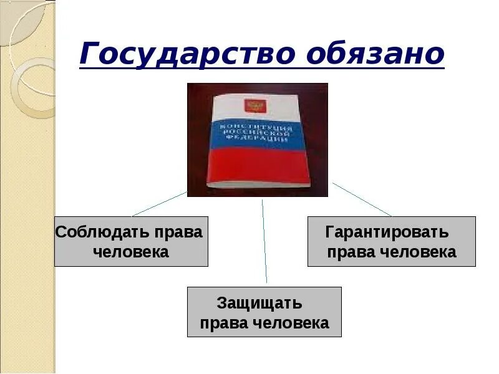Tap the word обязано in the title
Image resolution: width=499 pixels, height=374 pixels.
375,54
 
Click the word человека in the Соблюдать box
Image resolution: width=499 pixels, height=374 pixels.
131,252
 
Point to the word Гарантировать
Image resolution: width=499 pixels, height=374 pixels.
387,233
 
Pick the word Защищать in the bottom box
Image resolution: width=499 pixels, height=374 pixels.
259,304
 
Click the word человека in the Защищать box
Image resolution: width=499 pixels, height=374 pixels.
291,324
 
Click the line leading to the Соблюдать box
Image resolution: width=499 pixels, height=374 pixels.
159,204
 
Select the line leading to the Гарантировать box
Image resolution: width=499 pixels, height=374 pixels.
362,199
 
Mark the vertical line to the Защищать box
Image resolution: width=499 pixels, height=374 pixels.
264,243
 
